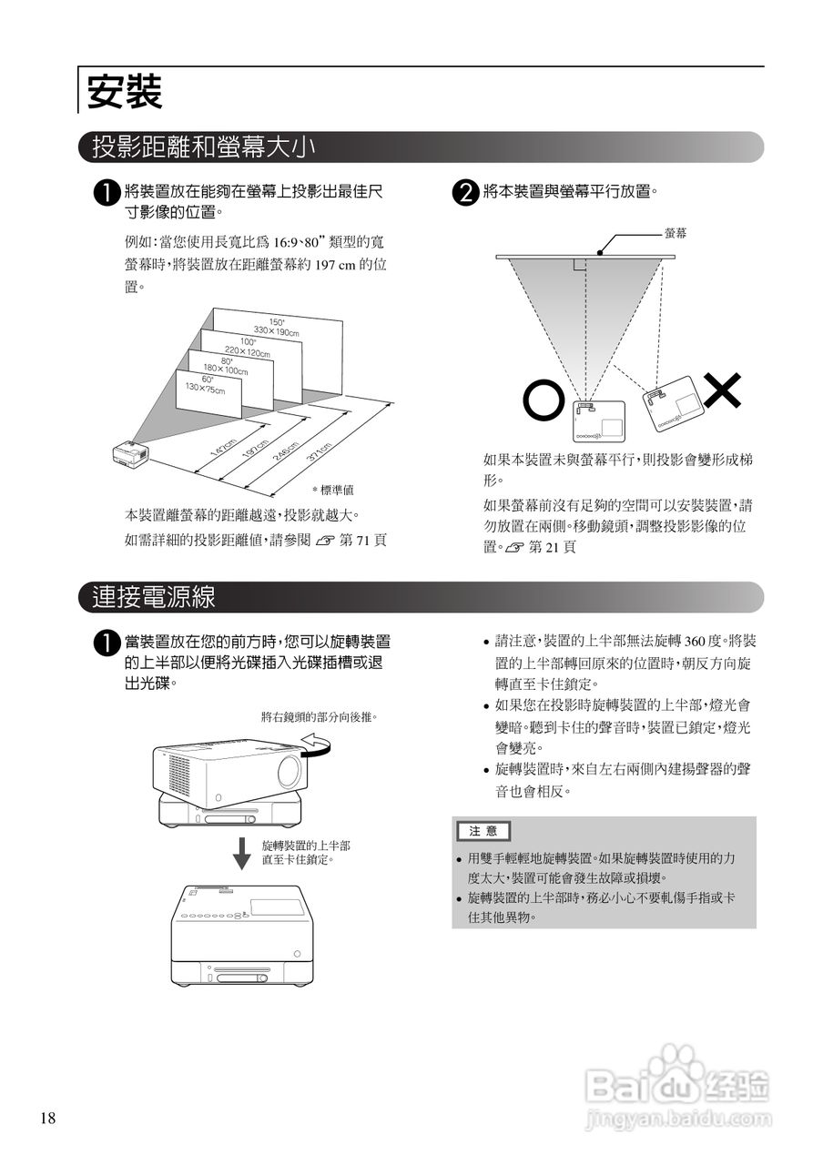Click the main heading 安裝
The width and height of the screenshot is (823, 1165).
point(124,92)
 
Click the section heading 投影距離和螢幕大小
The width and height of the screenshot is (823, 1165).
point(204,147)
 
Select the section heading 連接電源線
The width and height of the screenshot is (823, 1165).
point(154,597)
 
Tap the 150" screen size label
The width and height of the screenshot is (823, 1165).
point(277,325)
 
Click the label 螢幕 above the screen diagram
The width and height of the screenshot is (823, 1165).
point(676,234)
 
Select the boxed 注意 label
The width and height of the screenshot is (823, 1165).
point(483,831)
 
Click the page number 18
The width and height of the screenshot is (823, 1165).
point(48,1119)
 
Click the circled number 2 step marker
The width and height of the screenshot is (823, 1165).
point(466,193)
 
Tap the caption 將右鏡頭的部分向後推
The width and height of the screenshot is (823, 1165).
point(319,716)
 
